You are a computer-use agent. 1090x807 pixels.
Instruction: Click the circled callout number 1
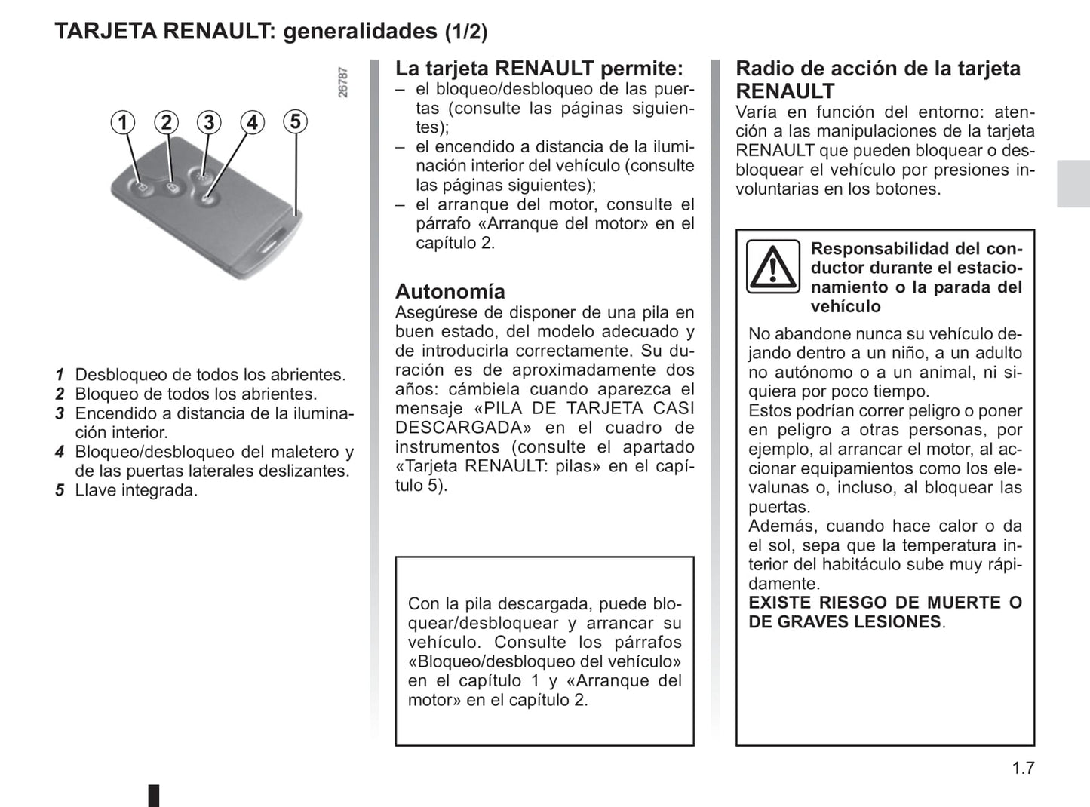point(123,122)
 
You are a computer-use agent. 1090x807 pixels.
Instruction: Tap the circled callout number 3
point(209,122)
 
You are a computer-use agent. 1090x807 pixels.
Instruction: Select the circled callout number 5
point(296,121)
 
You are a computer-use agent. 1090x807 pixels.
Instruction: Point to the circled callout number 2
point(166,122)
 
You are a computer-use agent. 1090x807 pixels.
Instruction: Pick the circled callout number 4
point(252,122)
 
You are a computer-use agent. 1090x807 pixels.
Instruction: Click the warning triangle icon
point(772,266)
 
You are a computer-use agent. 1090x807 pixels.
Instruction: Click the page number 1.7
point(1023,768)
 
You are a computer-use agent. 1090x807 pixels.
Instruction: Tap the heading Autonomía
point(450,291)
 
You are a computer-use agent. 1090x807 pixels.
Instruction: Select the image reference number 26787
point(343,82)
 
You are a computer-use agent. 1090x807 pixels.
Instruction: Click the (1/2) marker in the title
point(465,32)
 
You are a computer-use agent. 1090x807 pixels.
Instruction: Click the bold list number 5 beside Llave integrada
point(60,491)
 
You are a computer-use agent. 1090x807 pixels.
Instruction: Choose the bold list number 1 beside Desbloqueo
point(60,375)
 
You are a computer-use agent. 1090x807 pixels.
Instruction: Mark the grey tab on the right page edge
point(1073,184)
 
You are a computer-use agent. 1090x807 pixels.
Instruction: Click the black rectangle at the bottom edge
point(153,796)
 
